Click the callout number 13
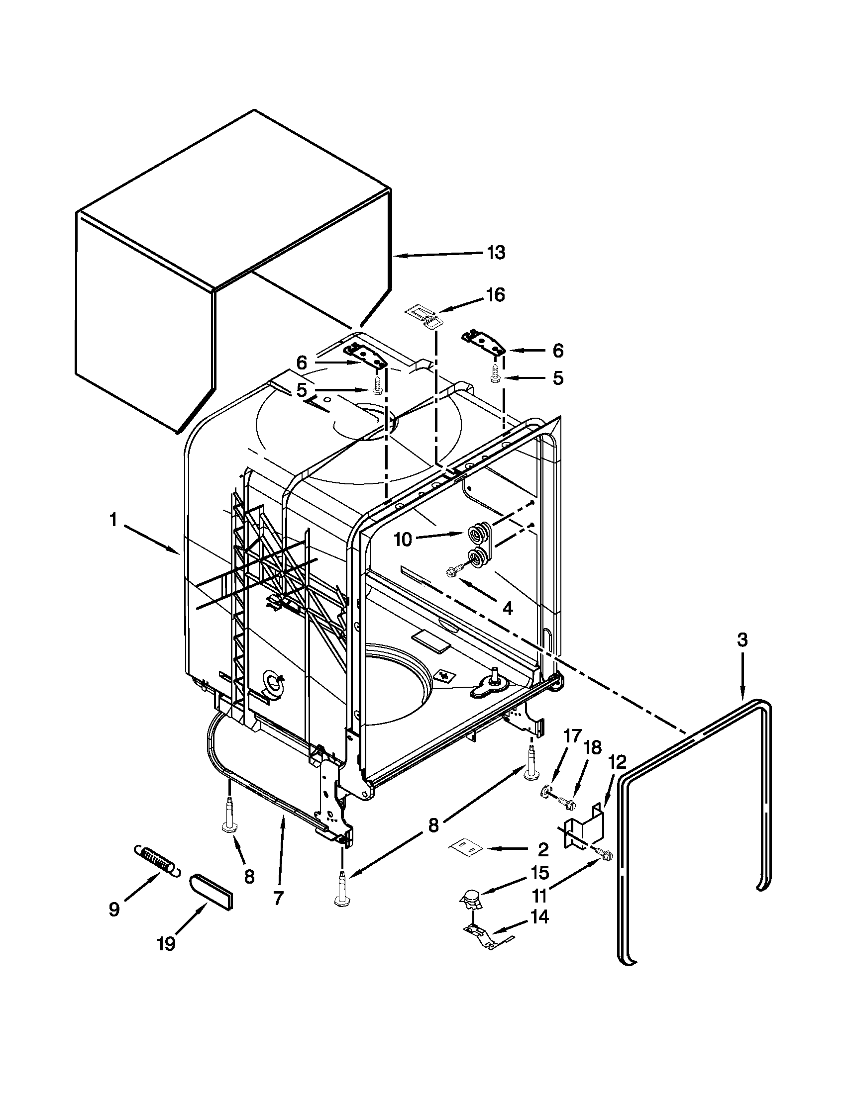pos(496,253)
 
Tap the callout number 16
pos(495,295)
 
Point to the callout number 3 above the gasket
pos(742,639)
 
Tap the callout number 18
pos(592,748)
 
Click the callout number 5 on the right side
pos(558,378)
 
